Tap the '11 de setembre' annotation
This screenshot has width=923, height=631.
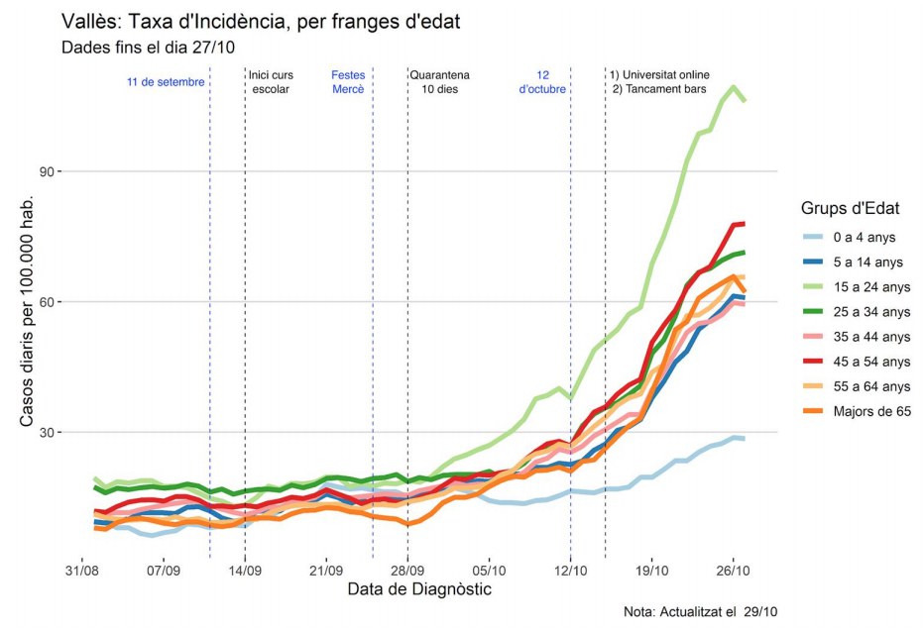(166, 82)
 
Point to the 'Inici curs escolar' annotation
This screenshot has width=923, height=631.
(272, 82)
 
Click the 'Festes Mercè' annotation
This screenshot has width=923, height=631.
(348, 82)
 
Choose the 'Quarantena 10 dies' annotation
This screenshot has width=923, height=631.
(439, 82)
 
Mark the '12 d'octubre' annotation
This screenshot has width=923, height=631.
(542, 82)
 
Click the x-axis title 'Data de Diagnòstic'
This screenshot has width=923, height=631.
(419, 590)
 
